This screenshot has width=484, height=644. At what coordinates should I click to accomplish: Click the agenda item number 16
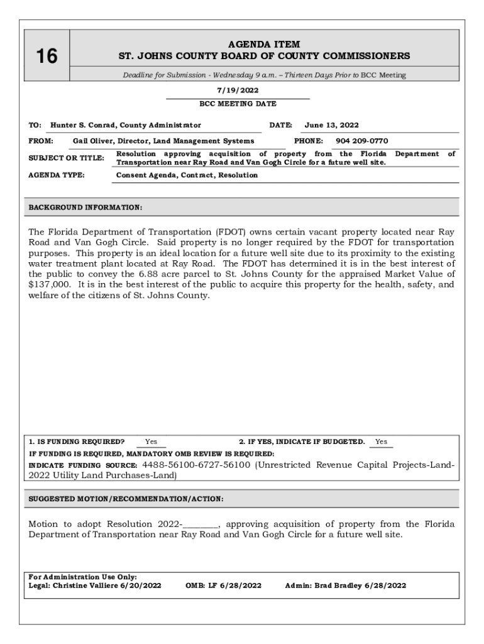pos(46,57)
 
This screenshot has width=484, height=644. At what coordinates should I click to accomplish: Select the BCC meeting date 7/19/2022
pos(238,91)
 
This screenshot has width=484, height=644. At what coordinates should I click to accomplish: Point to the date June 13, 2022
pos(331,125)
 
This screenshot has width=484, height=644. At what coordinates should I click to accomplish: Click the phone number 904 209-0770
pos(361,141)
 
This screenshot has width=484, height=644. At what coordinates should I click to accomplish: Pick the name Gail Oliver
pos(92,141)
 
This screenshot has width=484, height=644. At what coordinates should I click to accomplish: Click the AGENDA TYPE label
pos(57,175)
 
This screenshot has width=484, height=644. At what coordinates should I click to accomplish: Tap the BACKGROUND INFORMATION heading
pos(85,207)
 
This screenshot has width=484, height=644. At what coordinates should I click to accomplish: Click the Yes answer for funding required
pos(151,441)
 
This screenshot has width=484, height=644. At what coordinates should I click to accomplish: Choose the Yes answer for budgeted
pos(381,441)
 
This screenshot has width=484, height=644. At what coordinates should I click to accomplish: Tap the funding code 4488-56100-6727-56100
pos(196,465)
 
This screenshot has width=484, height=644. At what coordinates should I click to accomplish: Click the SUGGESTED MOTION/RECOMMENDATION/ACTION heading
pos(126,499)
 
